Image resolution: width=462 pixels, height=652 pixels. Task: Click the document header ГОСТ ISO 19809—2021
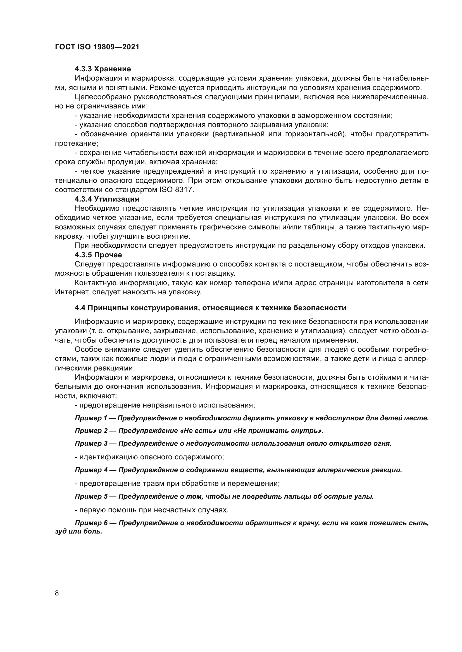(x=97, y=47)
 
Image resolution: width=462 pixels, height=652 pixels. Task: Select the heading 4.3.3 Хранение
(x=103, y=69)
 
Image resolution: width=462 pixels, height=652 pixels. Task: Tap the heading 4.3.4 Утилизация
(x=107, y=199)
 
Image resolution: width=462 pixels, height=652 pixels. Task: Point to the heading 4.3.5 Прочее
(x=98, y=255)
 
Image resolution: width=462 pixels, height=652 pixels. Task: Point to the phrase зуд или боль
(x=78, y=532)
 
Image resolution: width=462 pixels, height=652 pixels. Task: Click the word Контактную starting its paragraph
(x=95, y=283)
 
